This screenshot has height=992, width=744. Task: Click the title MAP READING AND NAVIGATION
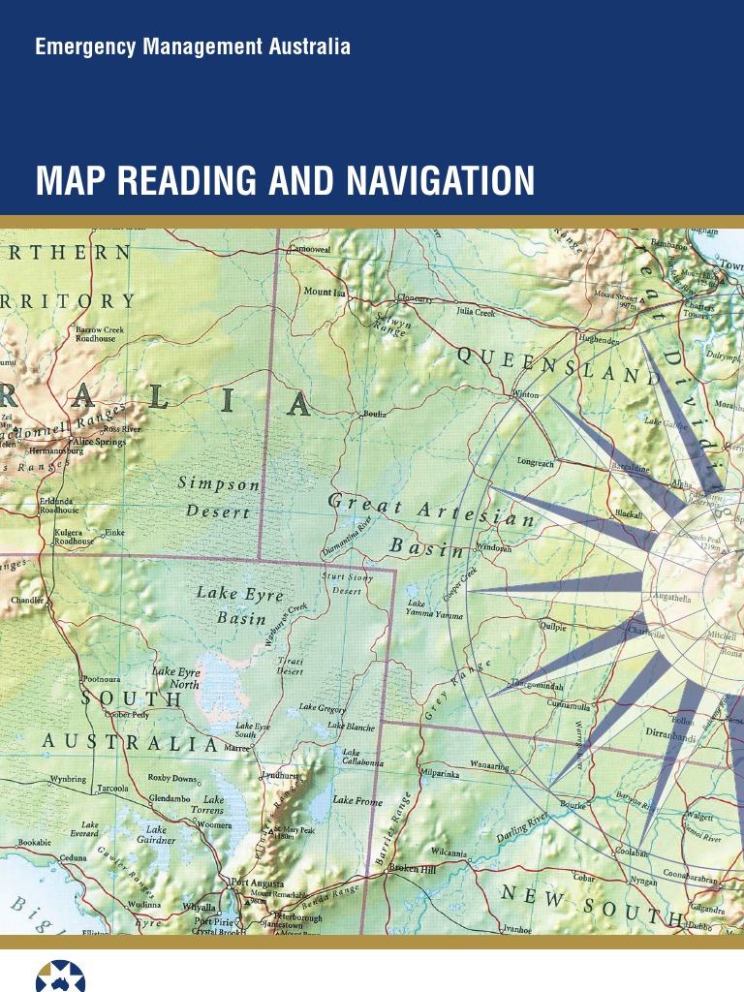[285, 181]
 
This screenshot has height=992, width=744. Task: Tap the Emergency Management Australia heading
[193, 46]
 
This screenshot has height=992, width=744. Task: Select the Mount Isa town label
[324, 292]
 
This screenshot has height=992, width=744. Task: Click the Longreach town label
[536, 463]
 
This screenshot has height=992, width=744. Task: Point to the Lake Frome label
[357, 800]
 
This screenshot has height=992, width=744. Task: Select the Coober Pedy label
[128, 714]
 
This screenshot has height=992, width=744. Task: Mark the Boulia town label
[374, 414]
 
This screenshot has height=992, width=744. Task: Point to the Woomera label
[214, 824]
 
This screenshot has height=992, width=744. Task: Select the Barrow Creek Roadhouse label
[99, 333]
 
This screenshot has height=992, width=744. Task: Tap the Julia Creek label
[476, 312]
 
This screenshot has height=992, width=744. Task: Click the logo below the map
[60, 975]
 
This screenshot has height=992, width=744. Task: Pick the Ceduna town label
[74, 858]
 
